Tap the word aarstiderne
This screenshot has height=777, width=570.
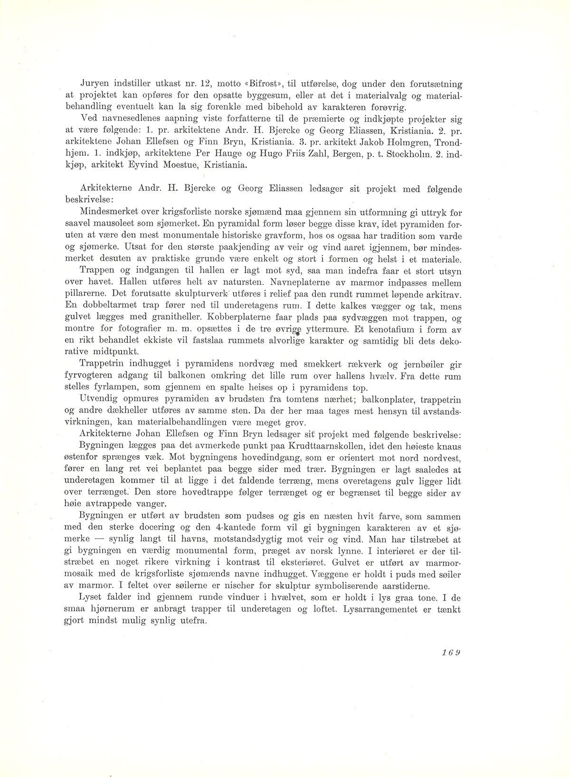(x=401, y=586)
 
